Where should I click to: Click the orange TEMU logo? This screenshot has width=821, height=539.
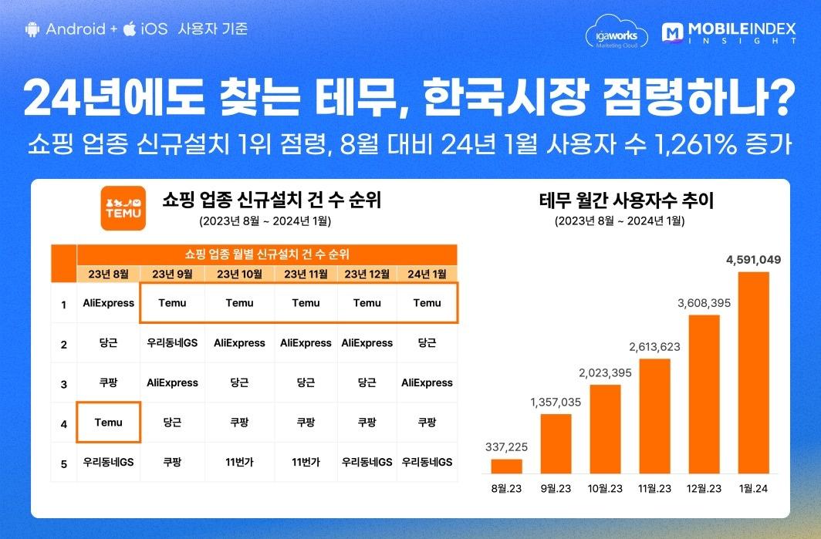pos(123,208)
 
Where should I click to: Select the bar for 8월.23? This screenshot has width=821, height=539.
pos(506,467)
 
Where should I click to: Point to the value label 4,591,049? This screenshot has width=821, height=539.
pos(753,260)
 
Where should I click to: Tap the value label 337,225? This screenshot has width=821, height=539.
pos(506,446)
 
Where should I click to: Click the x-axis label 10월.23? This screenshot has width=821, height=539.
pos(605,488)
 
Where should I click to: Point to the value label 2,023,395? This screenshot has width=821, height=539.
pos(605,372)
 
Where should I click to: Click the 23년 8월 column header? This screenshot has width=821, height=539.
pos(108,274)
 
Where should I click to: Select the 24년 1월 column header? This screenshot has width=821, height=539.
pos(427,274)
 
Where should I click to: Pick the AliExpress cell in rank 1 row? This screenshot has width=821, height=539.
pos(108,303)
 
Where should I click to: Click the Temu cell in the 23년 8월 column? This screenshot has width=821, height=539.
pos(108,423)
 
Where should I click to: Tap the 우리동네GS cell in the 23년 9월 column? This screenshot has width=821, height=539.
pos(173,343)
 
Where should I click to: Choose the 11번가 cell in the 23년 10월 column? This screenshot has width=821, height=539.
pos(239,463)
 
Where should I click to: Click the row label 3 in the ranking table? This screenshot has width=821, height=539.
pos(63,383)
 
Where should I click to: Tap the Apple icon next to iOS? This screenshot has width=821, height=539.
pos(130,29)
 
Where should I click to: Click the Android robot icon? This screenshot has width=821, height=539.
pos(32,29)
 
